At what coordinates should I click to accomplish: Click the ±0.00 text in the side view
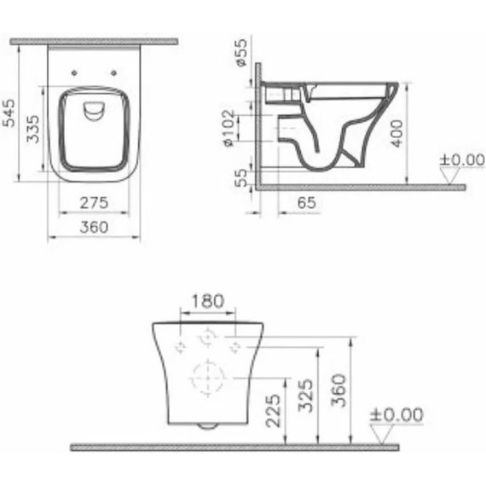pos(461,159)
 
